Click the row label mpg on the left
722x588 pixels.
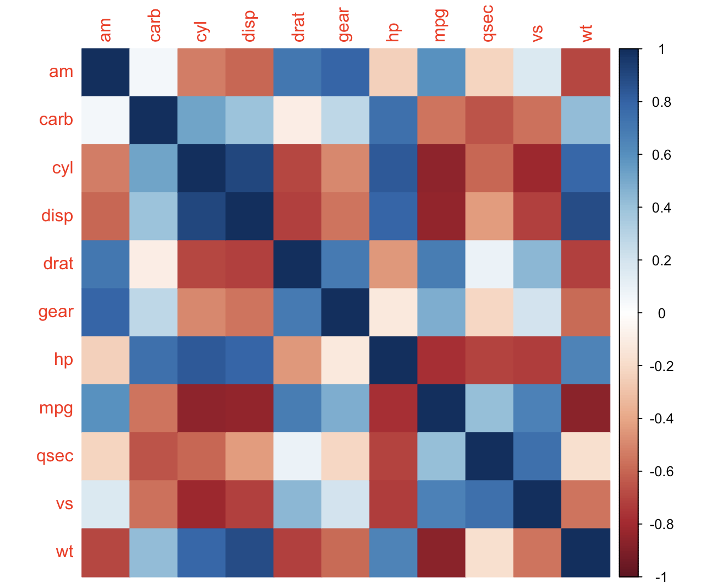[56, 409]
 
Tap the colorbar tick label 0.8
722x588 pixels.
[660, 102]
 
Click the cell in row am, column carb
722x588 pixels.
[154, 72]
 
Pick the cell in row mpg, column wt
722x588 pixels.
[586, 409]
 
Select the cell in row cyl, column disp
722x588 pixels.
[249, 168]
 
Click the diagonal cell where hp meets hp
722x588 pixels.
[393, 360]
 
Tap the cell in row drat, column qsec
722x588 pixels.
[489, 264]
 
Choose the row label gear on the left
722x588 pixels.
[56, 312]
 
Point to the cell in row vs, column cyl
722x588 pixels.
[201, 504]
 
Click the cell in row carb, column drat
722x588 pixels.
[297, 120]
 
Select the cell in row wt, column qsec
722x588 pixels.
[489, 552]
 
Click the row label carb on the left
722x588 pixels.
[56, 120]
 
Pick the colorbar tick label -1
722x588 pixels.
[662, 577]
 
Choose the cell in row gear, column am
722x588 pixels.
[106, 312]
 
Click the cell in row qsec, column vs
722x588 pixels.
[537, 456]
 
